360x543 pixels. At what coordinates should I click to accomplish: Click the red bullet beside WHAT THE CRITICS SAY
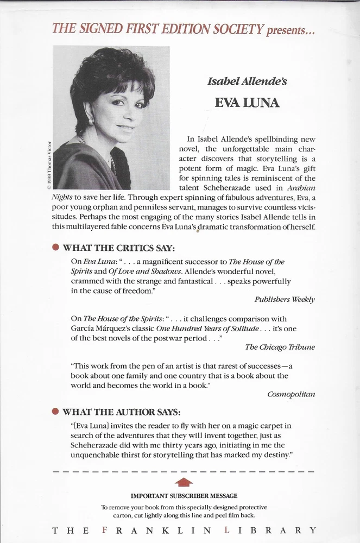pos(55,248)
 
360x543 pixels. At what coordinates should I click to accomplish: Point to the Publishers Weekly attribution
pos(285,299)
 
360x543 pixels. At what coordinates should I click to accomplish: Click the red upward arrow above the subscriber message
pos(185,482)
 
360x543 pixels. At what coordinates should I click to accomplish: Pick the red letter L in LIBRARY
pos(231,530)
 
